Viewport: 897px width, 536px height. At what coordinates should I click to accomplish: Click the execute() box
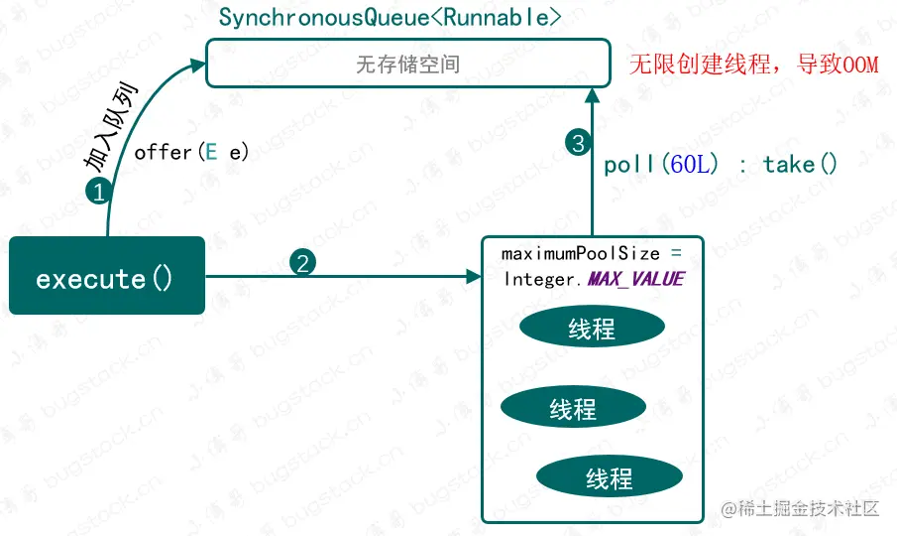[107, 276]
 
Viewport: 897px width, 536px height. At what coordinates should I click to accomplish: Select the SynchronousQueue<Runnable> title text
[390, 17]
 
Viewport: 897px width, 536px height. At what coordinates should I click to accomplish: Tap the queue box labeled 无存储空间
[406, 63]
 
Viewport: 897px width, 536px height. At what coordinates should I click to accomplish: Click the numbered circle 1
[98, 193]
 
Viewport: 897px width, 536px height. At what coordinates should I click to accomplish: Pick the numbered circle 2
[302, 263]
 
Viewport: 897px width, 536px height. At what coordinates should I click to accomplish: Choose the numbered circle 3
[579, 143]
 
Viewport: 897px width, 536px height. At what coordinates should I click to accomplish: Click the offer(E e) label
[191, 152]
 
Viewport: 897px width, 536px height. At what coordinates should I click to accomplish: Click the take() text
[800, 165]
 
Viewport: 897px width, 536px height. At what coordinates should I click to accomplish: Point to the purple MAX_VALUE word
[635, 279]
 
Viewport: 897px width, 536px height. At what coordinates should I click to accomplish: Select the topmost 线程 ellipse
[592, 329]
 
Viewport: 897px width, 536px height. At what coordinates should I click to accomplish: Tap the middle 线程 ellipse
[573, 407]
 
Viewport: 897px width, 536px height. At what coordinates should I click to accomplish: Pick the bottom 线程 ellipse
[609, 478]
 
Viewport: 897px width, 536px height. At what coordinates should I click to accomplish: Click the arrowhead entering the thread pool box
[474, 276]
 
